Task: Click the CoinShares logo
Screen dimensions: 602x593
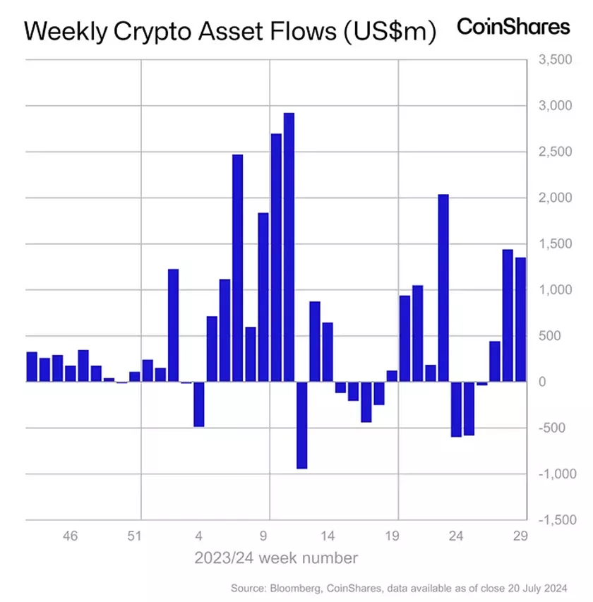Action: [513, 28]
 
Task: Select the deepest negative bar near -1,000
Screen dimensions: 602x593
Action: [301, 425]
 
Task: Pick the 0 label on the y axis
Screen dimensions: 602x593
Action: [563, 382]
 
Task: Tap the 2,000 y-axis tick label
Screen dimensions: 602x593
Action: [555, 198]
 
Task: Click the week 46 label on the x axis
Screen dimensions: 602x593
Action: [69, 536]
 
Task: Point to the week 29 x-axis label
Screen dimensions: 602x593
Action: [521, 536]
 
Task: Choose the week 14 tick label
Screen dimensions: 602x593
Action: [328, 536]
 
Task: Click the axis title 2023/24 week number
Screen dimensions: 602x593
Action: [276, 558]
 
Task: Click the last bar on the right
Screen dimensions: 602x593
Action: [520, 320]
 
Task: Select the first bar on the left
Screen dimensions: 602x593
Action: [31, 366]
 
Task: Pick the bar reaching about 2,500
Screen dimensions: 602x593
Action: [237, 268]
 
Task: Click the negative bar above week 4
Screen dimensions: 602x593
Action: [199, 404]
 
